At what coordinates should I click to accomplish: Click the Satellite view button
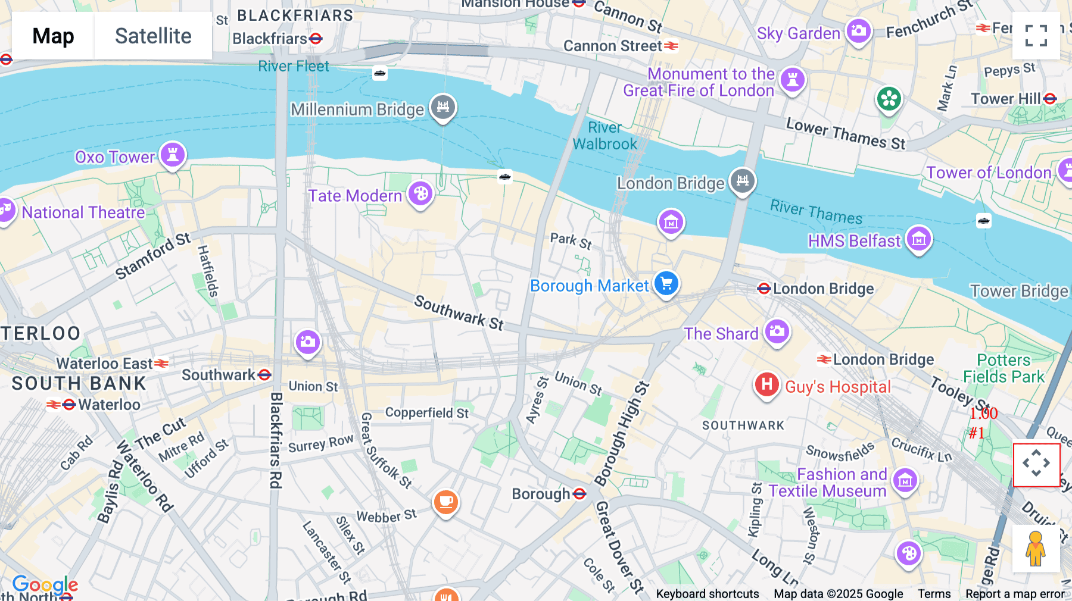pos(153,36)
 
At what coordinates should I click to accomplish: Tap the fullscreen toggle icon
pos(1036,36)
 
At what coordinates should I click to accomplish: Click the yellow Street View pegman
pos(1036,548)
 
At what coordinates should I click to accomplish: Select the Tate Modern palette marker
pos(420,193)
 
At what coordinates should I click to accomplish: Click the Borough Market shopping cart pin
pos(666,283)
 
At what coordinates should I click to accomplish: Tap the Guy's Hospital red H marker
pos(766,384)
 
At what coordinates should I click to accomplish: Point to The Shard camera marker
pos(777,331)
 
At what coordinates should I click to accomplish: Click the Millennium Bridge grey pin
pos(443,107)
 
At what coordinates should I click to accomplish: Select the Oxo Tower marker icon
pos(173,155)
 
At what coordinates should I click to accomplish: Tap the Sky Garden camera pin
pos(858,30)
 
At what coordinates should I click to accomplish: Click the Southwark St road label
pos(459,312)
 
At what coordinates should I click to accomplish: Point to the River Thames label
pos(816,212)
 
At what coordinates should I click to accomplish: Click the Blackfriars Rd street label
pos(276,440)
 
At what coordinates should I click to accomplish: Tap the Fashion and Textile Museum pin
pos(905,480)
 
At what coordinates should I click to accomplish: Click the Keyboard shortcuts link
pos(707,594)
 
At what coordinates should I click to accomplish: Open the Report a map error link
pos(1015,594)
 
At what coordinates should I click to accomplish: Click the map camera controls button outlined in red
pos(1036,464)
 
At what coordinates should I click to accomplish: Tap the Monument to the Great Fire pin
pos(792,79)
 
